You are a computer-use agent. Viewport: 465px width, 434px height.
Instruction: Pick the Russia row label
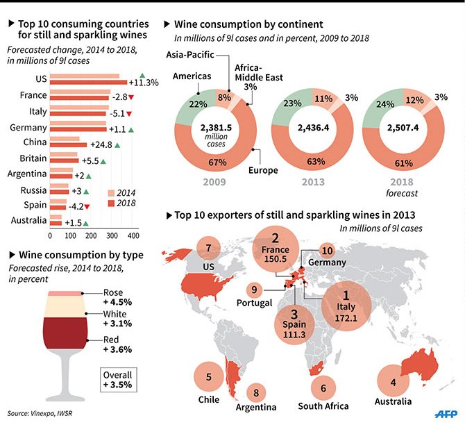[x=34, y=190]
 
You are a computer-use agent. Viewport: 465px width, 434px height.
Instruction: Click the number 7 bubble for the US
[x=208, y=247]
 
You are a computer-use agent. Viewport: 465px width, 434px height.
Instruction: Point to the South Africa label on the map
[x=323, y=406]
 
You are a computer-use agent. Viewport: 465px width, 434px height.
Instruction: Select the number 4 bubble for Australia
[x=393, y=381]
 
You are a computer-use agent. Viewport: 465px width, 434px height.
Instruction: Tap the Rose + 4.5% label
[x=116, y=297]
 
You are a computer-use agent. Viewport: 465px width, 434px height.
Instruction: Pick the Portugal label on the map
[x=254, y=303]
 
